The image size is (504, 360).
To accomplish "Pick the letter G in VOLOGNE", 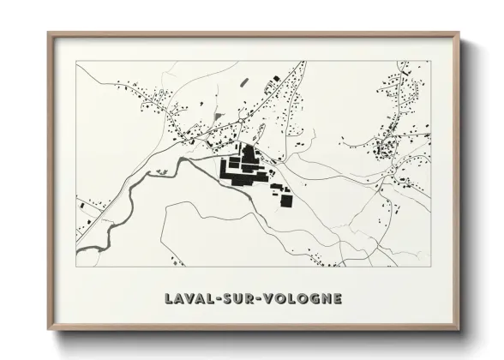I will click(315, 299).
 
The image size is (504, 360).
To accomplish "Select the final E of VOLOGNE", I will click(339, 299).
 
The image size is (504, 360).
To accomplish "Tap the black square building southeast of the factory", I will click(285, 201).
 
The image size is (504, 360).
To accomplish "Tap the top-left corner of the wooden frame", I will click(48, 33).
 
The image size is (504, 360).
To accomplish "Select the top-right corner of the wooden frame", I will click(459, 33).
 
